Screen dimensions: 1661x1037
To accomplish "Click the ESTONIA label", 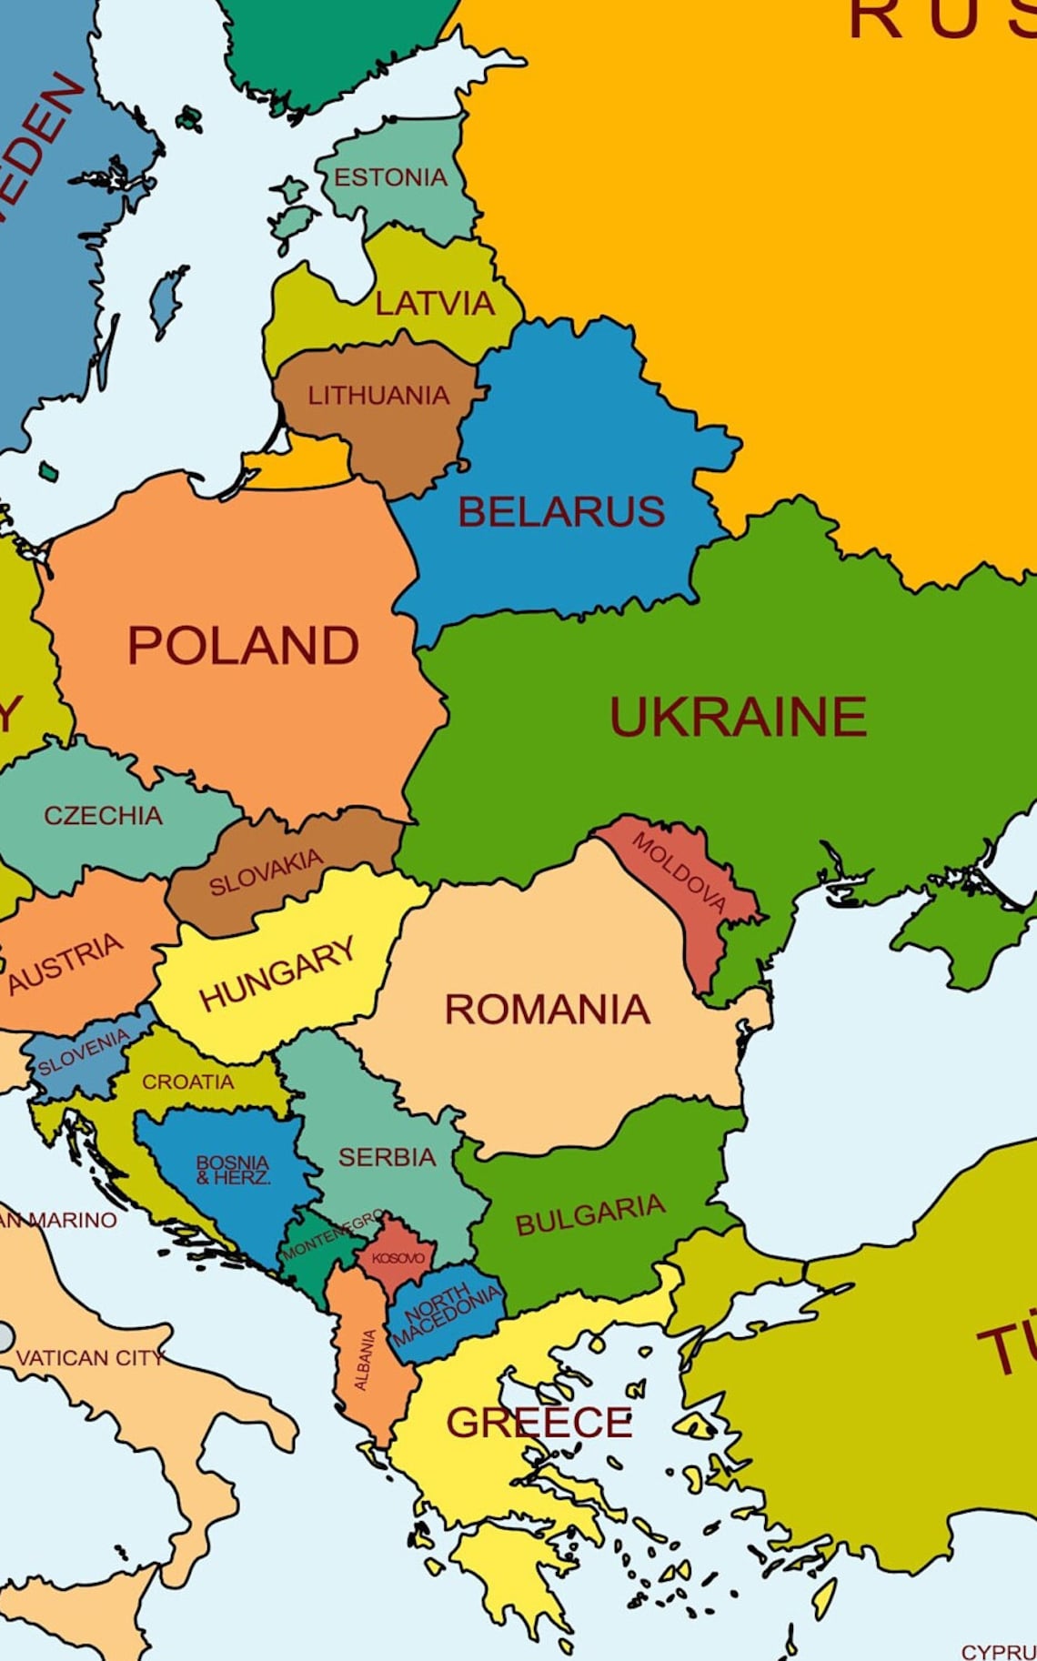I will pos(390,177).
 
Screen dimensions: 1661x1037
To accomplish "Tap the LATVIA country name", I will pos(435,303).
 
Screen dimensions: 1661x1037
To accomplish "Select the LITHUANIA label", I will pos(378,396).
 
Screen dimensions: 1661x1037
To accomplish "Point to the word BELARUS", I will pos(561,512).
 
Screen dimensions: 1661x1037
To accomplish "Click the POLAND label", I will pos(243,646).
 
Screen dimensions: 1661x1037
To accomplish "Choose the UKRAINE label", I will pos(738,717).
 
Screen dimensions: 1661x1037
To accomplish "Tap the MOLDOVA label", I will pos(680,871).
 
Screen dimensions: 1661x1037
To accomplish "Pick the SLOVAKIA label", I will pos(266,872).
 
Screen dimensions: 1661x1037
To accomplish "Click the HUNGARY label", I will pos(277,974).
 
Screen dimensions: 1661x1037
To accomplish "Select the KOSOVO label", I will pos(398,1258).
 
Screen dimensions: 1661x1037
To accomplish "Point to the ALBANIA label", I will pos(364,1359).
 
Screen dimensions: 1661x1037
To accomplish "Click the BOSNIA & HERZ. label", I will pos(233,1170).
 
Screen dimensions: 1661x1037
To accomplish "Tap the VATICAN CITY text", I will pos(89,1358).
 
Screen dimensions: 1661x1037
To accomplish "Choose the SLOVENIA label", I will pos(83,1052).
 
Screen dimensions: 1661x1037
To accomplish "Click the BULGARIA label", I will pos(589,1215).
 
